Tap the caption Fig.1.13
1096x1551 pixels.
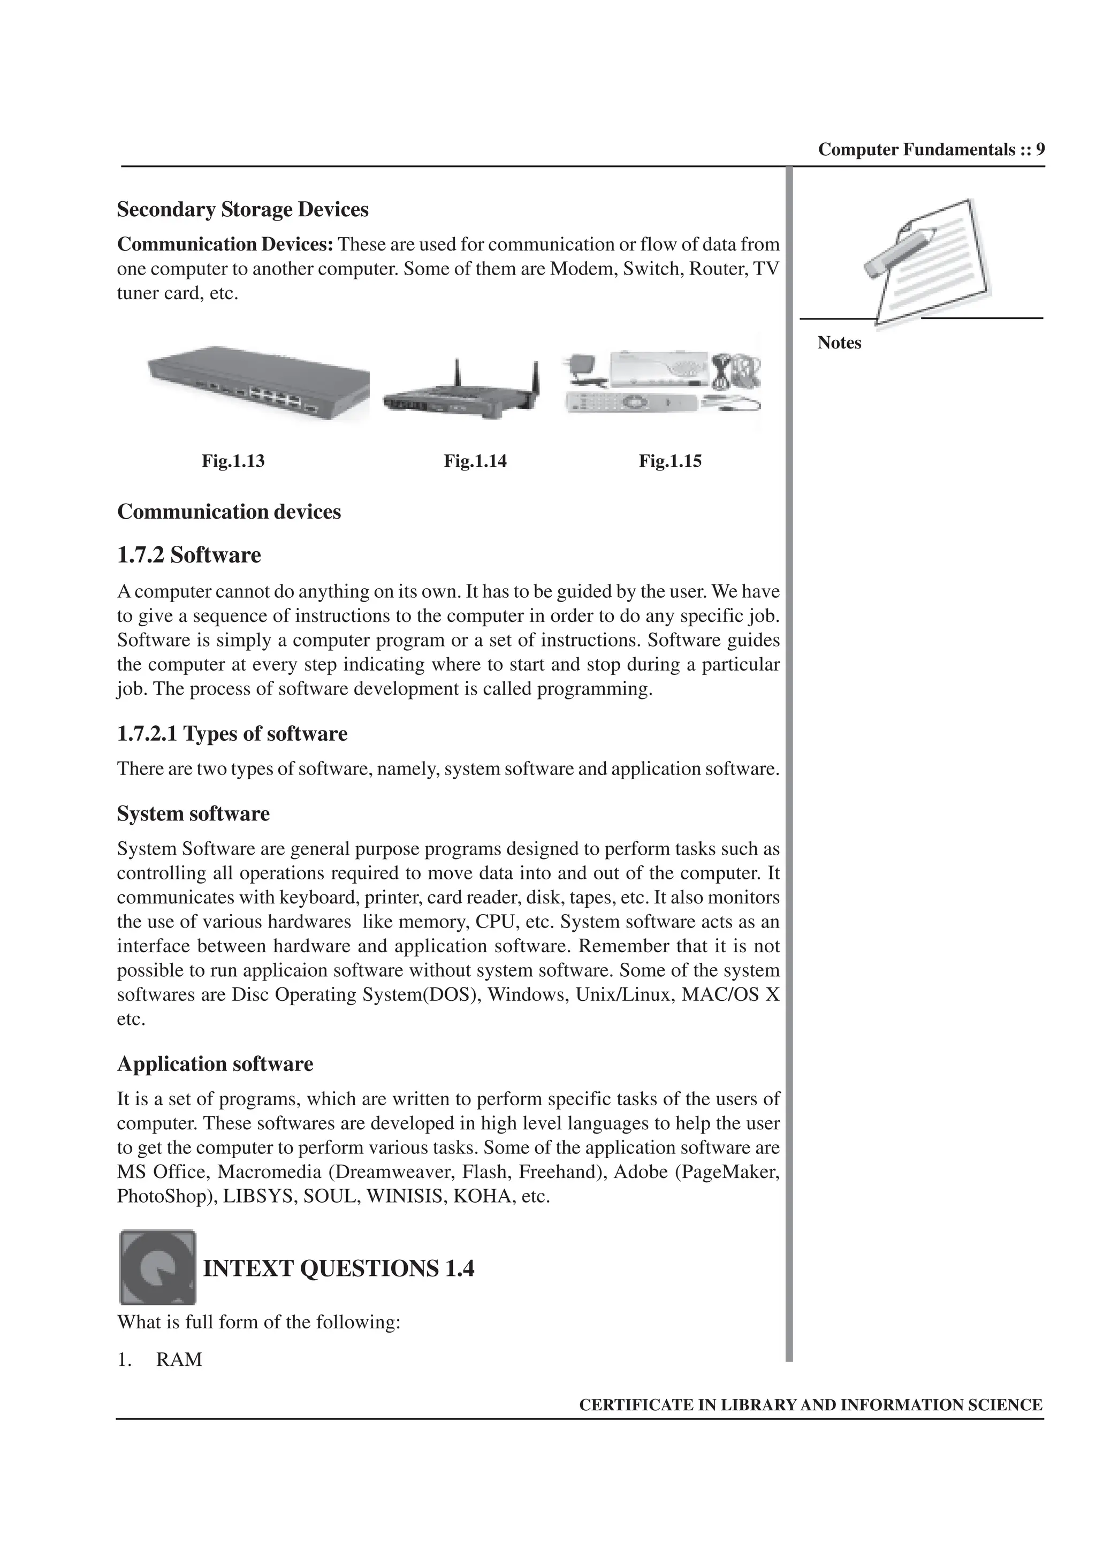[233, 461]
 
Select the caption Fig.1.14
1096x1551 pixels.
[475, 461]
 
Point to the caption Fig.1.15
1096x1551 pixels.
[670, 461]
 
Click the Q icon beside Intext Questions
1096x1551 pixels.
[157, 1267]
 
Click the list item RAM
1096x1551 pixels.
[179, 1359]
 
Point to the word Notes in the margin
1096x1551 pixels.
[839, 343]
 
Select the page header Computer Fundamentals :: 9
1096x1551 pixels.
[931, 150]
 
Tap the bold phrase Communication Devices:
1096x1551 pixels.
[225, 245]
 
